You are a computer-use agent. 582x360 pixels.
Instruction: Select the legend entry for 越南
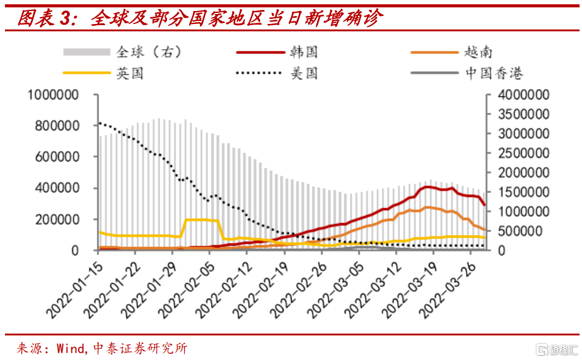[x=478, y=52]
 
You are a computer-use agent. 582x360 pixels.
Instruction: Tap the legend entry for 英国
[x=130, y=74]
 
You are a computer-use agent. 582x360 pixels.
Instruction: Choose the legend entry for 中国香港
[x=493, y=74]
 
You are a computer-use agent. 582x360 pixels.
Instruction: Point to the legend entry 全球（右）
[x=148, y=52]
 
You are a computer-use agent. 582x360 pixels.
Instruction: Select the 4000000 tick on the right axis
[x=522, y=95]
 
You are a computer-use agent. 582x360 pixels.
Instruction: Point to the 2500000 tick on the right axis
[x=522, y=154]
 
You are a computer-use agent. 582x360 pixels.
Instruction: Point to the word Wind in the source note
[x=72, y=348]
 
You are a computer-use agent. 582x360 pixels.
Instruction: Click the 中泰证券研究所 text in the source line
[x=140, y=348]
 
